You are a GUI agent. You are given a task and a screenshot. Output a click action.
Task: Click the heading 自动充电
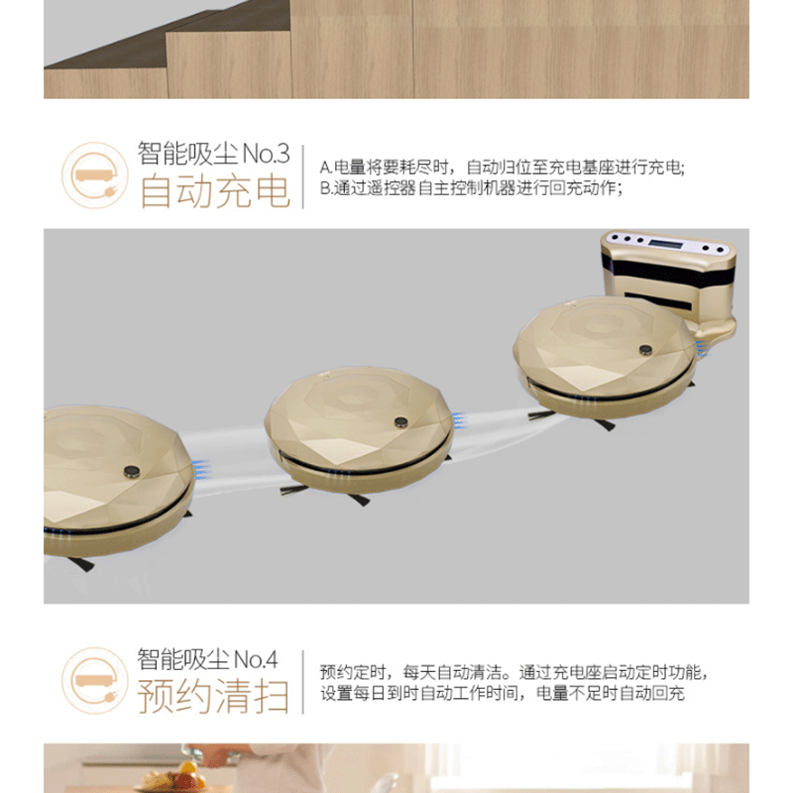coord(215,192)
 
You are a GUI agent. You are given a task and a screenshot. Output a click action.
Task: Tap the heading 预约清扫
coord(213,696)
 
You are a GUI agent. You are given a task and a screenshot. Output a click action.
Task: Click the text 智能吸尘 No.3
coord(214,154)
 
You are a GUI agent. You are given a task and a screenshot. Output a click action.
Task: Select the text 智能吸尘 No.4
coord(207,659)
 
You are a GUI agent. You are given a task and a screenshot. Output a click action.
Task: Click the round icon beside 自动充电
coord(94,175)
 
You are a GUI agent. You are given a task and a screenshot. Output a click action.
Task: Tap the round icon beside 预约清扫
coord(94,681)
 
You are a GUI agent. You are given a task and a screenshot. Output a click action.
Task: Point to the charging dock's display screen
coord(665,244)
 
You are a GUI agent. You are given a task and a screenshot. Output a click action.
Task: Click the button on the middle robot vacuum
coord(401,422)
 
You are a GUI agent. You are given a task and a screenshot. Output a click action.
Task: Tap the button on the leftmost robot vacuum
coord(132,472)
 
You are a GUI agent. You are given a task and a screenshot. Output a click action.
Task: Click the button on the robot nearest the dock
coord(646,350)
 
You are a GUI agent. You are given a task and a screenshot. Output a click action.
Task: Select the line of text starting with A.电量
coord(502,168)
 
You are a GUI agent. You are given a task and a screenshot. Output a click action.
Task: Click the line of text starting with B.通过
coord(471,188)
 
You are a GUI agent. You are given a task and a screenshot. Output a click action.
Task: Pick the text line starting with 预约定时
coord(512,672)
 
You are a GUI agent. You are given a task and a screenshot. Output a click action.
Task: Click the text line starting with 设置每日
coord(503,693)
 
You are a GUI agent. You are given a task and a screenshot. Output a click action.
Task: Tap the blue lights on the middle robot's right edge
coord(458,420)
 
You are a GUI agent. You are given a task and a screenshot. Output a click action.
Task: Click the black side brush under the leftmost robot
coord(79,563)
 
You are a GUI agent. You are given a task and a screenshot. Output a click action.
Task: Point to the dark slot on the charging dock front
coord(657,300)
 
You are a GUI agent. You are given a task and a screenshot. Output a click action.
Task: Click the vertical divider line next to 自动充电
coord(303,176)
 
